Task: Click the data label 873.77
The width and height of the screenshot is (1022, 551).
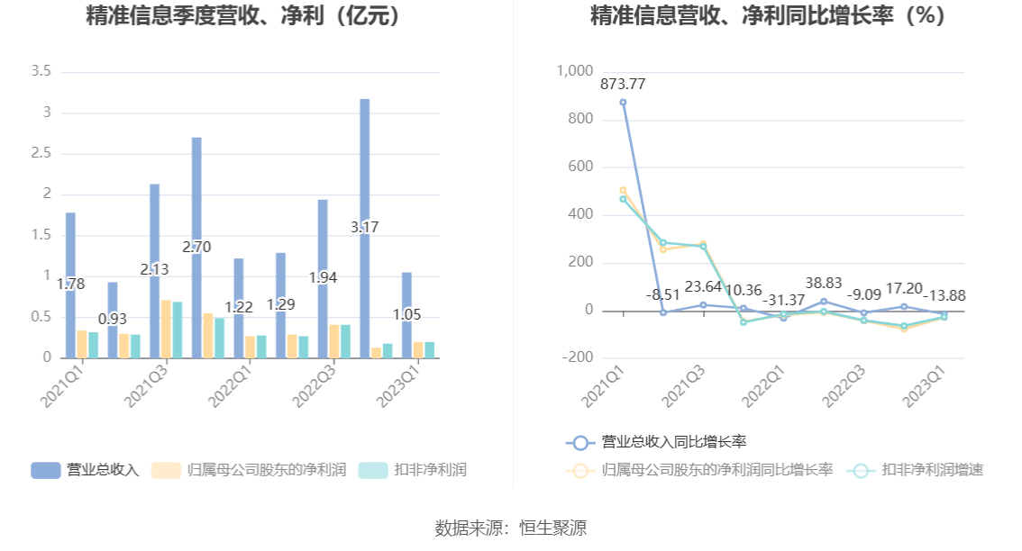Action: (x=623, y=84)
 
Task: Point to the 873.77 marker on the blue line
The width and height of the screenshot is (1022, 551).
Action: (x=623, y=102)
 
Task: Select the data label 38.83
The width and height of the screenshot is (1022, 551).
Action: (x=824, y=284)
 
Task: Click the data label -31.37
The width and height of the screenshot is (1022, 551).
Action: (x=784, y=299)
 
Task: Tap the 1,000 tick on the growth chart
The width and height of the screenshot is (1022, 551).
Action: (x=575, y=71)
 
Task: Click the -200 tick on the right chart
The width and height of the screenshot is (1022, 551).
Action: (x=577, y=357)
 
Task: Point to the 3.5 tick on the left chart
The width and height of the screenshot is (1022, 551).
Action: (x=41, y=71)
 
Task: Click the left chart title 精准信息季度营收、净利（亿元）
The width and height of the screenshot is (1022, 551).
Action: (x=242, y=16)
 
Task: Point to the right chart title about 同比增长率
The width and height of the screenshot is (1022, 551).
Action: (x=768, y=16)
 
